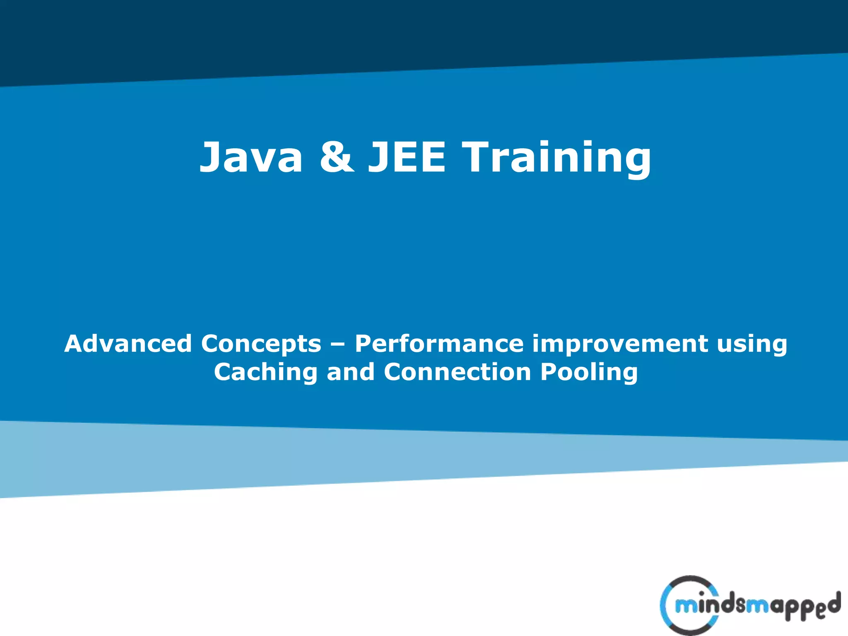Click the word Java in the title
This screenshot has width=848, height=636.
point(251,157)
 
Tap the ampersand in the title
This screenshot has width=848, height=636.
point(336,157)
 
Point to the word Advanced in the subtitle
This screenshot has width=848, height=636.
point(128,344)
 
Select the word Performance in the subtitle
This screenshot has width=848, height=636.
point(438,344)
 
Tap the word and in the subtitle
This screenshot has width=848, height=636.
point(351,372)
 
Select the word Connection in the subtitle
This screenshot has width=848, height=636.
point(457,372)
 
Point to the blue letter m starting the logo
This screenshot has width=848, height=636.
point(686,607)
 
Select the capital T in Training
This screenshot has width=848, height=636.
point(477,157)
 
